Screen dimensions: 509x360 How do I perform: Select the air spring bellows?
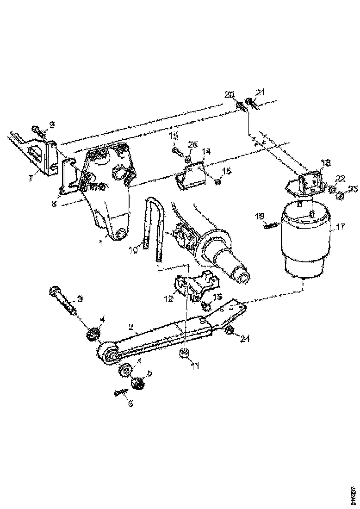(306, 241)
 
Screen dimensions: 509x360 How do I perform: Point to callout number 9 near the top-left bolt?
(51, 124)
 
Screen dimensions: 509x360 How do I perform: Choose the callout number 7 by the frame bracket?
(30, 178)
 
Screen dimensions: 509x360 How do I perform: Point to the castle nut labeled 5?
(137, 383)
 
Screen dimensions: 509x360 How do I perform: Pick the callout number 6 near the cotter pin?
(130, 403)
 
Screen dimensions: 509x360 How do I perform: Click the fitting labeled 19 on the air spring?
(269, 225)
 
